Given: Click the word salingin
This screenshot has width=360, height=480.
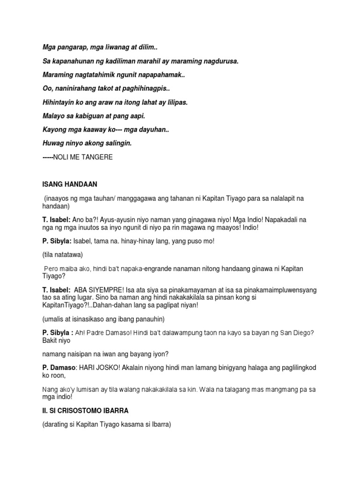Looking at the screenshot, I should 117,143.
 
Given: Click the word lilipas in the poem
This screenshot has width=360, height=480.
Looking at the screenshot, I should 175,102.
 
